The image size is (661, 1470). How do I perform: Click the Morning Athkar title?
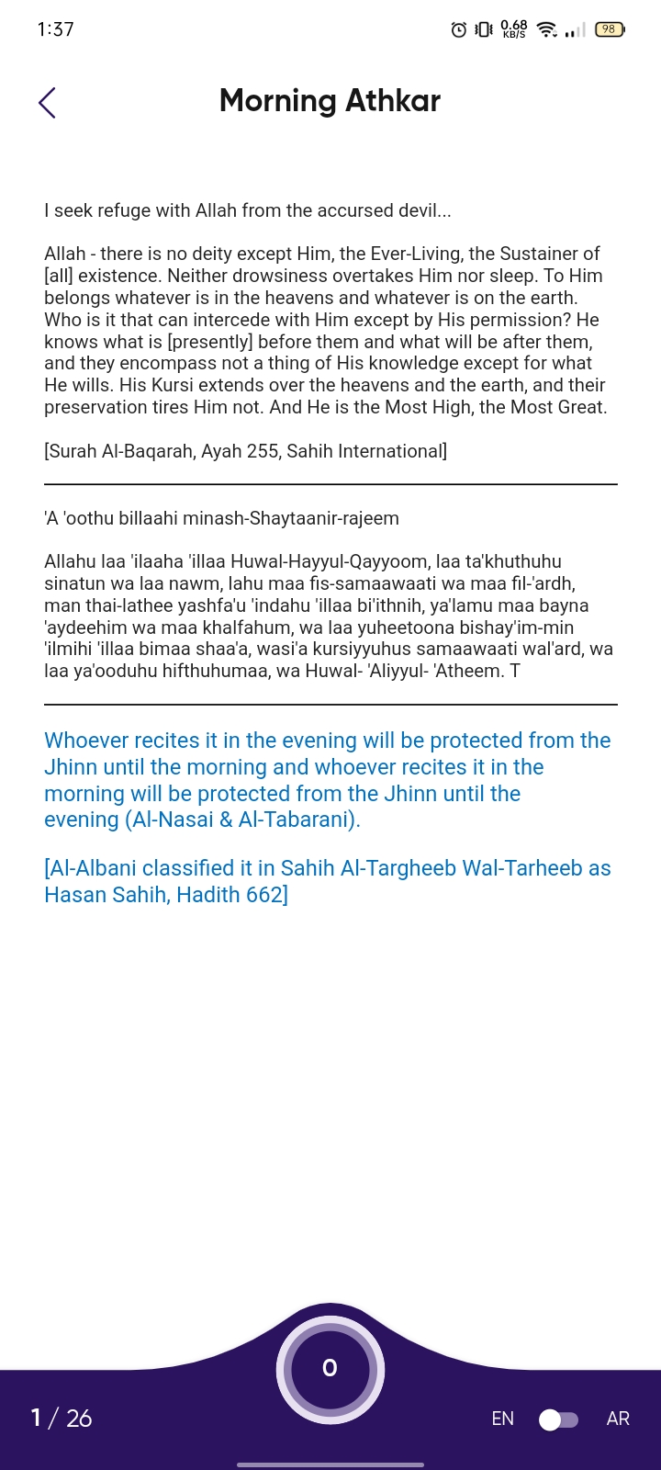click(330, 100)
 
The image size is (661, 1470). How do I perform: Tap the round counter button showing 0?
click(330, 1369)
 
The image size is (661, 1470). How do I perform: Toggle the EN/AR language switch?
click(558, 1419)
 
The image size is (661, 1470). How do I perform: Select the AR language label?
click(618, 1419)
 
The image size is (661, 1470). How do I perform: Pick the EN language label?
click(502, 1419)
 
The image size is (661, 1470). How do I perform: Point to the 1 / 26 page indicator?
click(62, 1419)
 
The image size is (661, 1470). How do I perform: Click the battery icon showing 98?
click(610, 29)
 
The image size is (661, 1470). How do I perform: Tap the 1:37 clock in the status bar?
click(55, 29)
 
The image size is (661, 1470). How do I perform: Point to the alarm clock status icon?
click(459, 30)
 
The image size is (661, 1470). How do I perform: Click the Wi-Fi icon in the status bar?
click(546, 29)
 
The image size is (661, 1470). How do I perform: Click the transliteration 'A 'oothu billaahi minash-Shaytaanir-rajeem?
click(221, 518)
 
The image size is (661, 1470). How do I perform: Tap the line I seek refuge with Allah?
click(247, 210)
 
